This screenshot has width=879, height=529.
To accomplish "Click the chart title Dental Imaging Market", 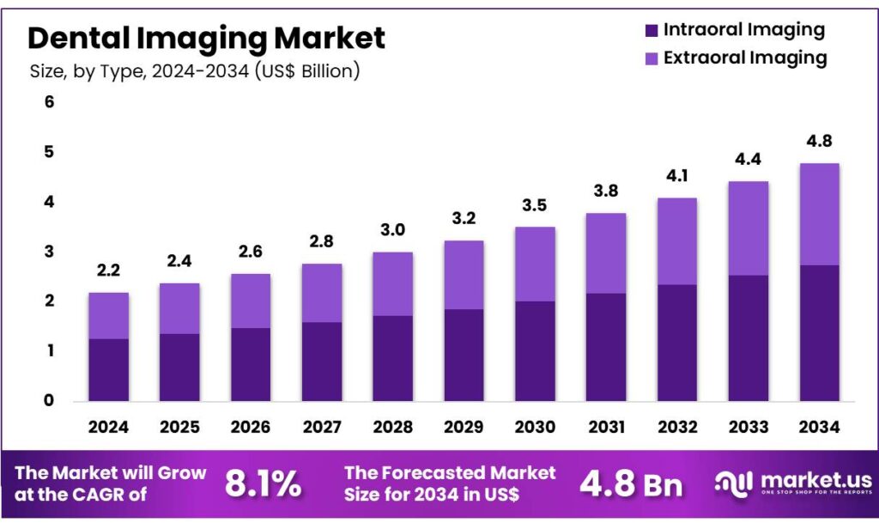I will (206, 38).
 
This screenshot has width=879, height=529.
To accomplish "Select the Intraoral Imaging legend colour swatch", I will (651, 30).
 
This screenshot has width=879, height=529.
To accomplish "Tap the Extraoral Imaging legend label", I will (744, 58).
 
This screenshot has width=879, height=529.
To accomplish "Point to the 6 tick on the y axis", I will (49, 102).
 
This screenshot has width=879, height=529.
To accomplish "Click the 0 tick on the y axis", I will (49, 400).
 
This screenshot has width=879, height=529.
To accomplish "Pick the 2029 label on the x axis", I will (463, 426).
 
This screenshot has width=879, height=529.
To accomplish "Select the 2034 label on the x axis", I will (819, 426).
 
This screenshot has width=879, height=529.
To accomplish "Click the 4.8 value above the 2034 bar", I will (819, 142).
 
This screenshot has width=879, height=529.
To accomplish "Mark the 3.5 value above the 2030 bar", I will (534, 205).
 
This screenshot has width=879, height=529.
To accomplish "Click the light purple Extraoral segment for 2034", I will (819, 214).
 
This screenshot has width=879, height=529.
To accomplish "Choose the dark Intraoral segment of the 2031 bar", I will (605, 347).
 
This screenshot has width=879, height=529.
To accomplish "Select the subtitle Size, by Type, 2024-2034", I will (194, 71).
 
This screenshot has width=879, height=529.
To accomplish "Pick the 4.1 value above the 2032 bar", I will (676, 177).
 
